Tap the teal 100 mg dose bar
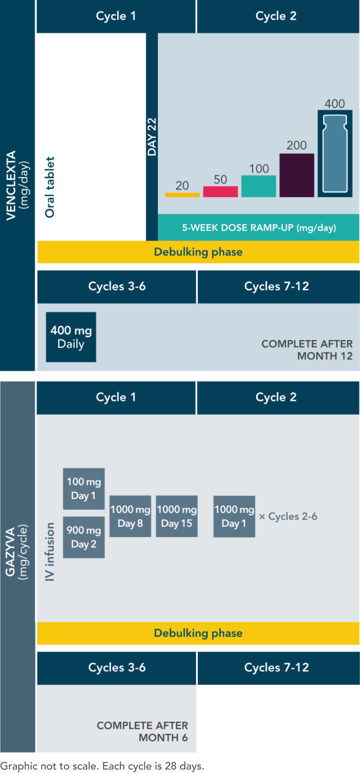tap(258, 186)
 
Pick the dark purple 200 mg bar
tap(297, 175)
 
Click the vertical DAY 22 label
tap(152, 137)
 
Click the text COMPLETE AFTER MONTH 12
tap(307, 350)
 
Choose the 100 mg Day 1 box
tap(84, 488)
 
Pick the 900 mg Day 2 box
tap(84, 537)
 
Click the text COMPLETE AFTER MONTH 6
tap(142, 731)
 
